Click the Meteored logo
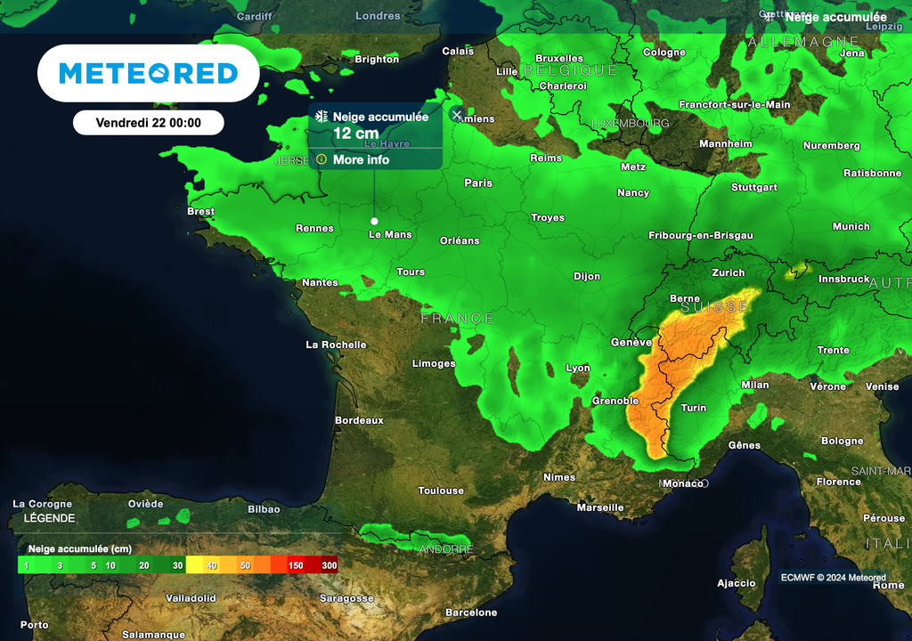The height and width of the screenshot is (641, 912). coord(148,73)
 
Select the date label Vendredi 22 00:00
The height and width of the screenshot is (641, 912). coord(148,123)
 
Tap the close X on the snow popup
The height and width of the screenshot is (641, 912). coord(457,115)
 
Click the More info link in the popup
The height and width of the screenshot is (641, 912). coord(361,159)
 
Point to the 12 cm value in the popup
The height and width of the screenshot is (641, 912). coord(354,134)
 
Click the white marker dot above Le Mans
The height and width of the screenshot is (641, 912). coord(374,221)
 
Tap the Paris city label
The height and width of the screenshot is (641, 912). coord(478,183)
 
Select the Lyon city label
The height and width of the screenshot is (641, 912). coord(578,368)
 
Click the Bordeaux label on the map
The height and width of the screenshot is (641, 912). coord(359,419)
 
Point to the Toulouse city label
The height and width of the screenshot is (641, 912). coord(441,491)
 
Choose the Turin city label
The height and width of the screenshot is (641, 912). coord(693,408)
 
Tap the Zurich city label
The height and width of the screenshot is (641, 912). coord(729,272)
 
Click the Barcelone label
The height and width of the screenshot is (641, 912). coord(471,613)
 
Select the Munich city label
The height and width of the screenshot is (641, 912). coord(851,226)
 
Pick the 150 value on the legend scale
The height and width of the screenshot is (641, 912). coord(296,565)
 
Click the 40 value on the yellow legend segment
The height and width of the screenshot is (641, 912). coord(212,565)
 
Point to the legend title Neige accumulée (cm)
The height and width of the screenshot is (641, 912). coord(80,548)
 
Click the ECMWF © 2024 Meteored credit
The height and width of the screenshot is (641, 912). coord(833,577)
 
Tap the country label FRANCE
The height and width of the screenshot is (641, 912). coord(457,318)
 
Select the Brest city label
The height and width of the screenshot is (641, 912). coord(200,211)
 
